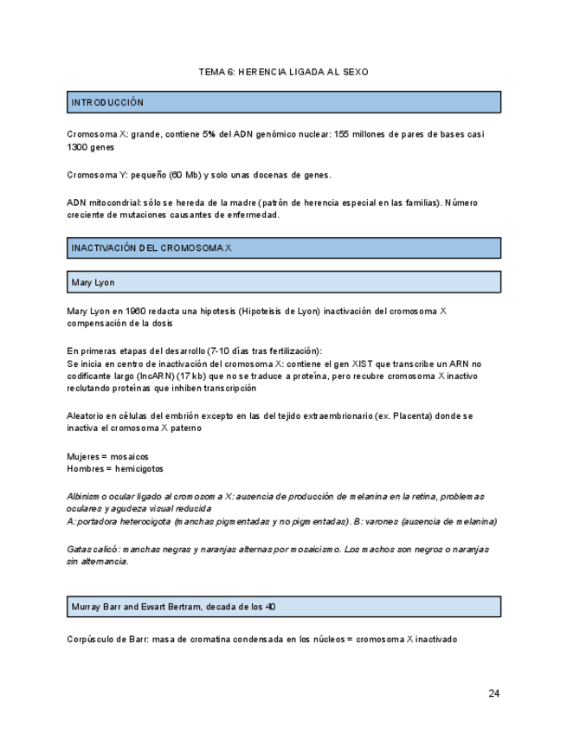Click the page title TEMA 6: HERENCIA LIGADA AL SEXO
283,72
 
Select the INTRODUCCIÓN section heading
107,102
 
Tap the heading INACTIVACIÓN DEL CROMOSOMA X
151,248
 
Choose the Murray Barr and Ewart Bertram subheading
173,607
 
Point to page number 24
493,693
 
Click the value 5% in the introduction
209,135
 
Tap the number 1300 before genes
79,148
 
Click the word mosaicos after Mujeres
128,456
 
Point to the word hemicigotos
139,468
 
